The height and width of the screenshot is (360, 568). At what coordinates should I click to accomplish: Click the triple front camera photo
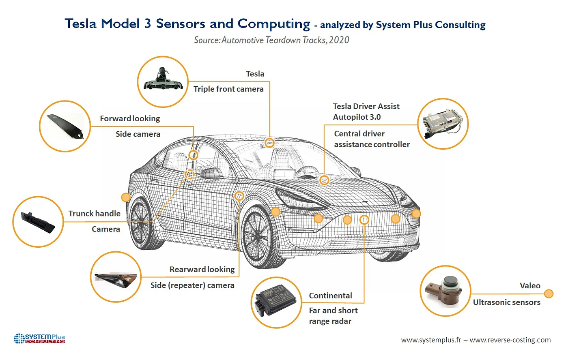tap(163, 81)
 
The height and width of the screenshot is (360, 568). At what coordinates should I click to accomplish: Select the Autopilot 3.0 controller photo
tap(443, 124)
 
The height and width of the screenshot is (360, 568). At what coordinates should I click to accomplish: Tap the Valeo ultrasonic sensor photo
tap(445, 291)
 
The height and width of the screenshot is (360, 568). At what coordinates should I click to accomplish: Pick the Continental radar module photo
tap(276, 302)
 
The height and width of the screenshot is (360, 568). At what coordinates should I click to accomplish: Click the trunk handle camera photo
tap(38, 222)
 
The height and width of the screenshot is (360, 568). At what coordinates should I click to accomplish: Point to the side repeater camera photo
tap(116, 277)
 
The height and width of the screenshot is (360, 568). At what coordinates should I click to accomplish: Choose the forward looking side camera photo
tap(65, 126)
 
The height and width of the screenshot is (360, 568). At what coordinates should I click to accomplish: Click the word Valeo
tap(530, 286)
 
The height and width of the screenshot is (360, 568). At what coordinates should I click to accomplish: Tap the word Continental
tap(330, 296)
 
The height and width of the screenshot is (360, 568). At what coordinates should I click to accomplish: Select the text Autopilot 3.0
tap(357, 117)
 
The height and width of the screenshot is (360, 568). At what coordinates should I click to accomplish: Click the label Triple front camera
tap(228, 89)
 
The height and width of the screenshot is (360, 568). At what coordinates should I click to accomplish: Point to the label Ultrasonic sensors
tap(506, 302)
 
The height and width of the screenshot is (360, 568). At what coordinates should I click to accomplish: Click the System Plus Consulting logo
tap(40, 338)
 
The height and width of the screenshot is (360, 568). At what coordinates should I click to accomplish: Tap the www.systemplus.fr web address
tap(431, 340)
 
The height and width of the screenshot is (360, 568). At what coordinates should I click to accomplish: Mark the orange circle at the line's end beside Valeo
tap(549, 294)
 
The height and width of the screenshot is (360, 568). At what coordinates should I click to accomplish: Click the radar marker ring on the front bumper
tap(364, 220)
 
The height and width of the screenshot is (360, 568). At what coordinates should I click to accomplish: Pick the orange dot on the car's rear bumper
tap(126, 197)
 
